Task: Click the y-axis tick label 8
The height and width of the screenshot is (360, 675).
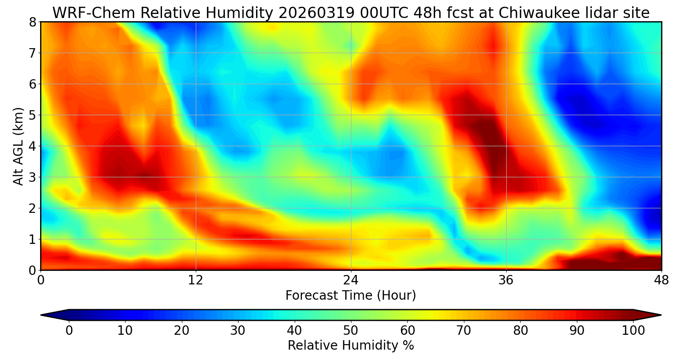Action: coord(32,22)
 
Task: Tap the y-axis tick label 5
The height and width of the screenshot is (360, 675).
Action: coord(32,115)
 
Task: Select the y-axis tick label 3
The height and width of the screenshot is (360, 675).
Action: coord(32,177)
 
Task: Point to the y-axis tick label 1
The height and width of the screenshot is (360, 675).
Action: coord(32,239)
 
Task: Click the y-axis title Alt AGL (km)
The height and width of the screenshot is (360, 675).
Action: coord(18,146)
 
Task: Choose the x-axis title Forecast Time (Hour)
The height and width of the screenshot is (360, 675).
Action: coord(351,296)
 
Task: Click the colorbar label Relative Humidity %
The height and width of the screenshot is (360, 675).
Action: coord(351,346)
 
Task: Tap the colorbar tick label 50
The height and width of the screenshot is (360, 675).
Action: coord(351,331)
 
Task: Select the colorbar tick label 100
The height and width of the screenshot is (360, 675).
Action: coord(633,331)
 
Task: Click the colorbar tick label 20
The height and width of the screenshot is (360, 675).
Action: coord(181,331)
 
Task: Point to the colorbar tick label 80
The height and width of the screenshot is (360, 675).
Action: coord(520,331)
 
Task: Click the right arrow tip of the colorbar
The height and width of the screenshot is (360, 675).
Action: coord(660,315)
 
